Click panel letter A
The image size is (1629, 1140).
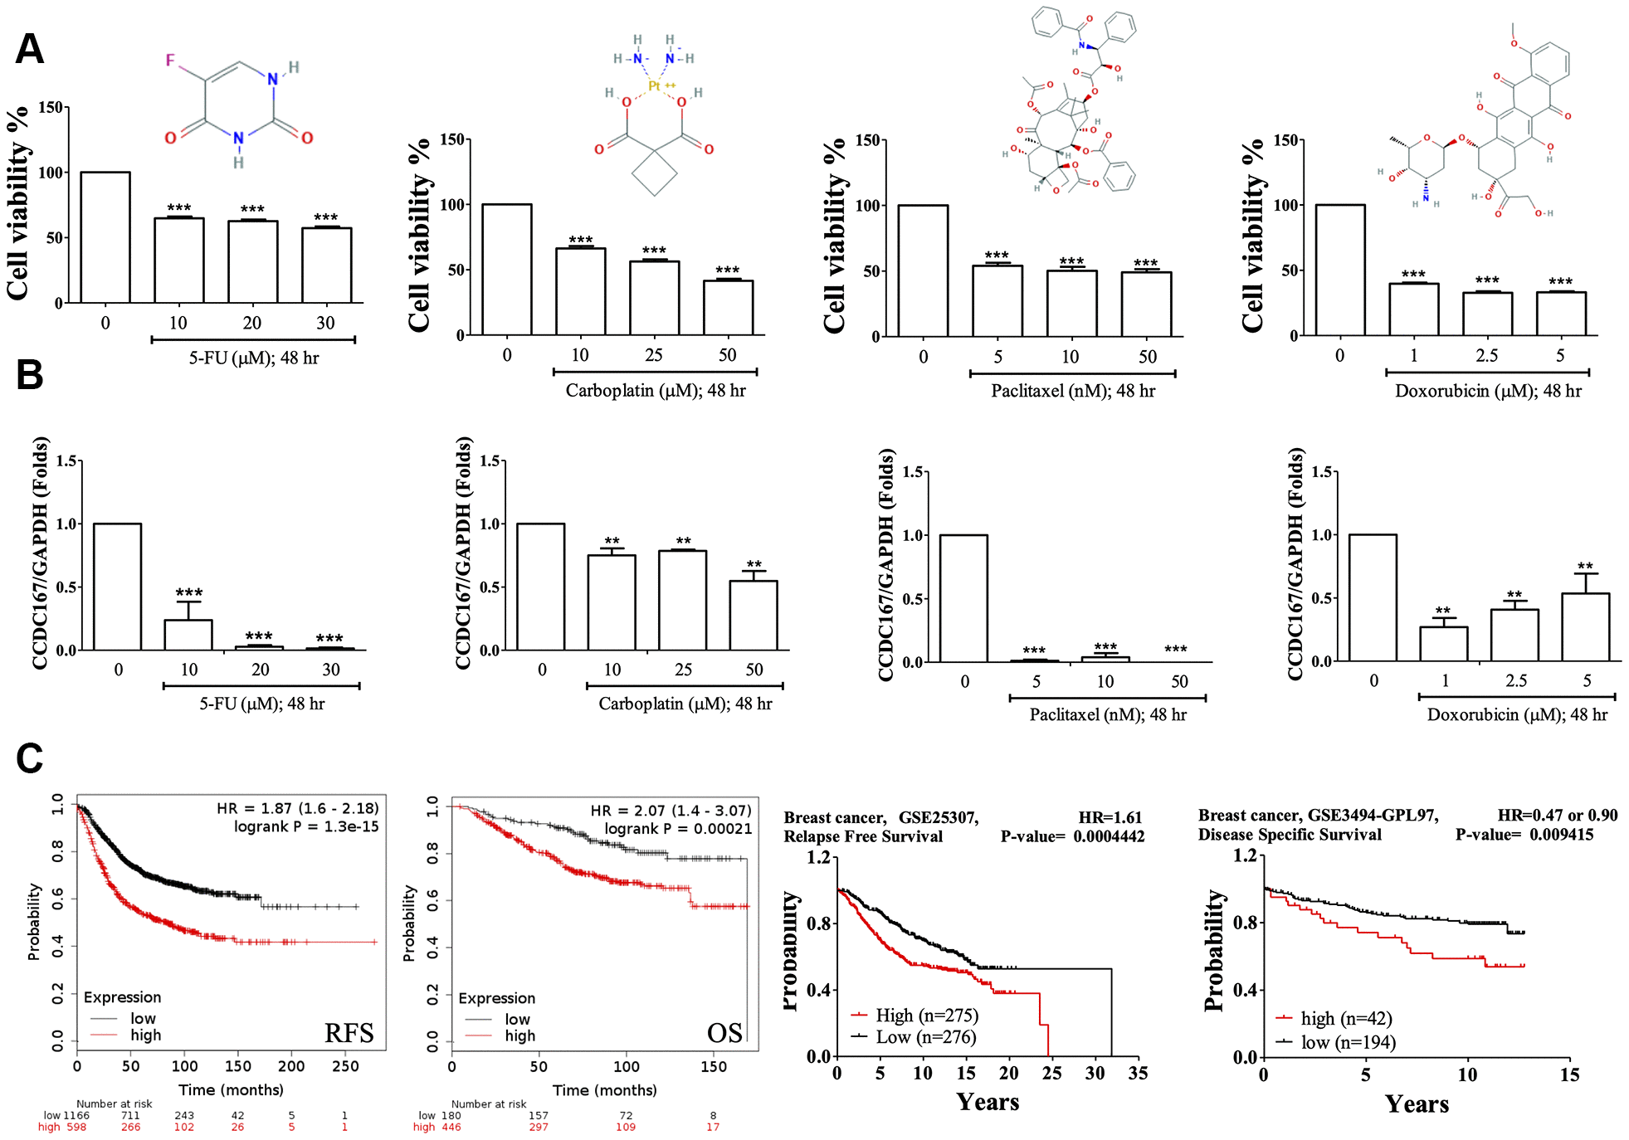click(30, 50)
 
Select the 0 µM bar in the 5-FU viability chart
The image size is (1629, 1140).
click(105, 237)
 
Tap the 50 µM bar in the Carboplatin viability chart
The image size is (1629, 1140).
click(728, 308)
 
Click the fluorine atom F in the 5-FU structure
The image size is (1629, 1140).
click(170, 61)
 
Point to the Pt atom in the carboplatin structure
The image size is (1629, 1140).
click(655, 86)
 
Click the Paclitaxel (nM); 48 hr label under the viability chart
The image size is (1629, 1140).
click(1072, 391)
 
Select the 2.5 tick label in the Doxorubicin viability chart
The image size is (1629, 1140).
click(1486, 356)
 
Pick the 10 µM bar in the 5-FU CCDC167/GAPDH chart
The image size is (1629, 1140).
click(188, 635)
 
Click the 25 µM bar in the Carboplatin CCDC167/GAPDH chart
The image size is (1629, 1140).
click(682, 600)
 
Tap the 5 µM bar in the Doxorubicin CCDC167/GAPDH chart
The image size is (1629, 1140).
click(1585, 627)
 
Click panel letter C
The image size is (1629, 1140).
click(30, 758)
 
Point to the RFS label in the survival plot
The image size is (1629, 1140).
click(349, 1033)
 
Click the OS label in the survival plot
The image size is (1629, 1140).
click(724, 1033)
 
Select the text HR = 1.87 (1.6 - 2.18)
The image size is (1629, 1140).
click(298, 808)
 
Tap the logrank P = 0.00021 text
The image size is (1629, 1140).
click(678, 829)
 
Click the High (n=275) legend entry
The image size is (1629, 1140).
click(926, 1016)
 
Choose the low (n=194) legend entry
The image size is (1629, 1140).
click(1348, 1042)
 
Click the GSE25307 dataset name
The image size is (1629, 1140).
click(938, 817)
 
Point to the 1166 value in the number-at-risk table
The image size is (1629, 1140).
click(76, 1116)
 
